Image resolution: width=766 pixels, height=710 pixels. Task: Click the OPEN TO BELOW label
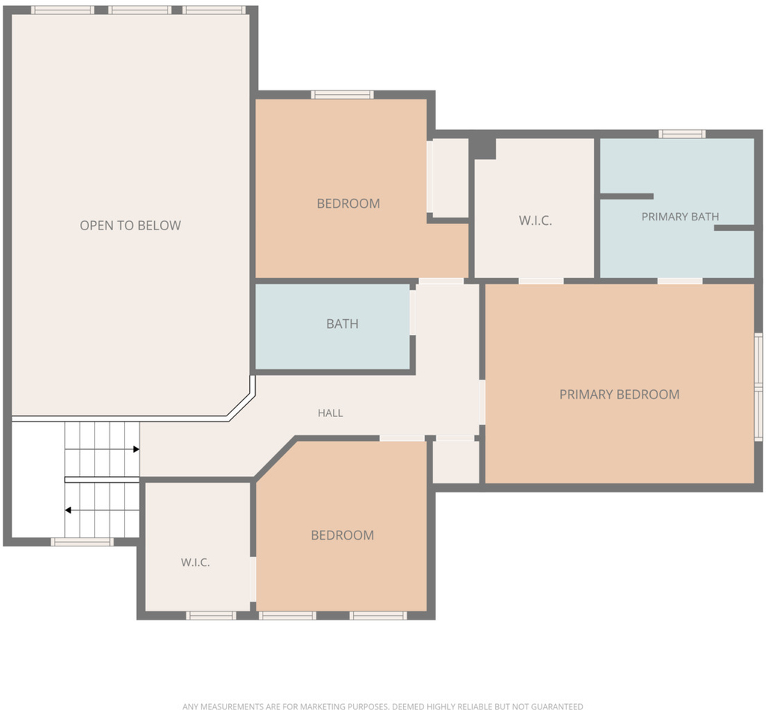point(130,226)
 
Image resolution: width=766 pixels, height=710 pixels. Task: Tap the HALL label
point(330,413)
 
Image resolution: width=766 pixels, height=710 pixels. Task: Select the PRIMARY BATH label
point(680,217)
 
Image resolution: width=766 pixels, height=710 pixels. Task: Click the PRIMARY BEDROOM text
point(619,395)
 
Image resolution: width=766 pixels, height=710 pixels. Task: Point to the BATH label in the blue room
point(343,324)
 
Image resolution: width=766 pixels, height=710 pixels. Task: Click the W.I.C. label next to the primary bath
point(536,220)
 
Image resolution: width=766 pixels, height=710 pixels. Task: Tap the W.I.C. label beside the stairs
point(195,563)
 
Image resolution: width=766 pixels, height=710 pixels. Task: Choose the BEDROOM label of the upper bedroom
point(349,203)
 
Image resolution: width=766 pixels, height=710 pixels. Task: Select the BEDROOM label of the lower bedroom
point(343,535)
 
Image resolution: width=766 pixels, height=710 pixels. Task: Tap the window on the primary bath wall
point(682,135)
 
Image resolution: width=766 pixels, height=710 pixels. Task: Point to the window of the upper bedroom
point(343,95)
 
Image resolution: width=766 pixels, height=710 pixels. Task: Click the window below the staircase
point(82,542)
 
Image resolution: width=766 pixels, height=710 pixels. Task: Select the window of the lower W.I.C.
point(211,616)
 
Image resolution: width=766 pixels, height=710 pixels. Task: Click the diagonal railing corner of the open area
point(242,407)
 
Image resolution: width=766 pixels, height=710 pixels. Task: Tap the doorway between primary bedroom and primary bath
point(680,281)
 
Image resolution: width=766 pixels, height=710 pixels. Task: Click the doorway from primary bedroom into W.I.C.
point(542,281)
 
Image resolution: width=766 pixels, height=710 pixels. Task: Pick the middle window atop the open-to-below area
point(140,10)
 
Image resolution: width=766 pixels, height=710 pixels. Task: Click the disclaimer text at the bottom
point(383,706)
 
